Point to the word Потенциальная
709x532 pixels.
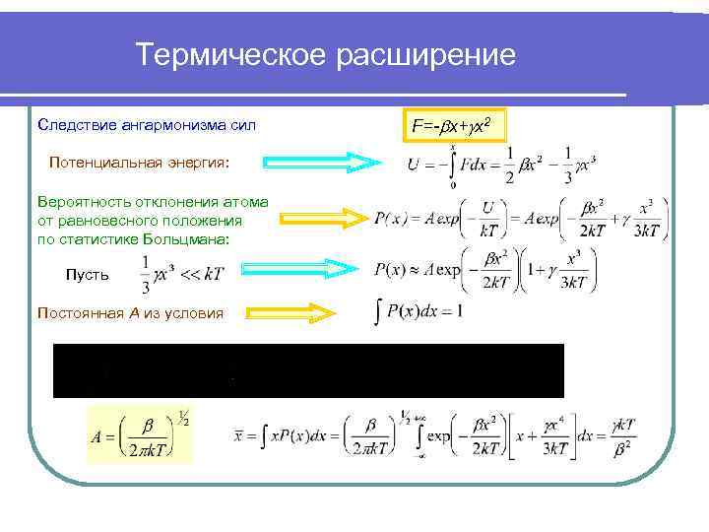pos(100,160)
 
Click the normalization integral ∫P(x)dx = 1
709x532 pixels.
pos(419,312)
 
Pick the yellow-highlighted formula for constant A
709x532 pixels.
pos(140,434)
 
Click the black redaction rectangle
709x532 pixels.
pos(307,370)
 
